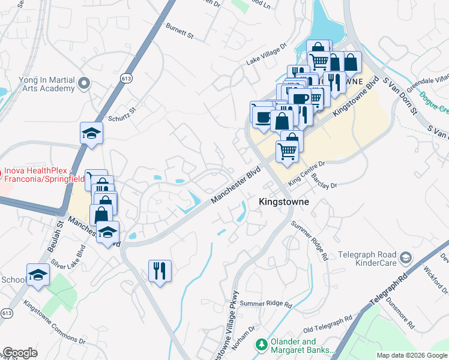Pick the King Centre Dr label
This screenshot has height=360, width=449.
coord(306,172)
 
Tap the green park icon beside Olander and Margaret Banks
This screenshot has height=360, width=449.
coord(261,344)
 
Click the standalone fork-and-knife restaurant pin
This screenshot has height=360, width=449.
coord(160,271)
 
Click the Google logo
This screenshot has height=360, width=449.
coord(20,353)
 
